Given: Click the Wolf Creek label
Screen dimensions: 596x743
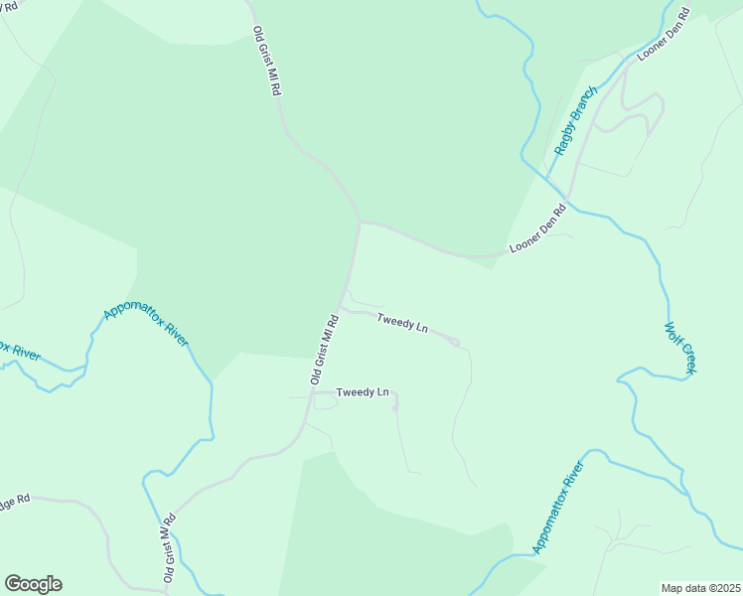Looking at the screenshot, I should click(680, 348).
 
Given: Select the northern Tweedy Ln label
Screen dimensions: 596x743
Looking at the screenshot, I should click(402, 323).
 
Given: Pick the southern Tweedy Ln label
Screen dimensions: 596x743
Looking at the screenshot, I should click(363, 392).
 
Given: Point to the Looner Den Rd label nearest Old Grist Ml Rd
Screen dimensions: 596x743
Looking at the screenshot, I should click(537, 227).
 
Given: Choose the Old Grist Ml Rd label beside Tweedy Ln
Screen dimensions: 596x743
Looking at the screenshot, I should click(325, 350).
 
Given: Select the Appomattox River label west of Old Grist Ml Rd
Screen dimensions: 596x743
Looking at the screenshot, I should click(146, 327).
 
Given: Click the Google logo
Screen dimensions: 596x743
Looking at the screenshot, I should click(33, 584).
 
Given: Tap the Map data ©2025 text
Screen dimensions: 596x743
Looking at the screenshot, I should click(700, 588).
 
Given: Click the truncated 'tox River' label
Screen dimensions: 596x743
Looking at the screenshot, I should click(19, 352).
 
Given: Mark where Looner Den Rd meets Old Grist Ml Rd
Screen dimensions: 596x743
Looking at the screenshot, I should click(360, 223).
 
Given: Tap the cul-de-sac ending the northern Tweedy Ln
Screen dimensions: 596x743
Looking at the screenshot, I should click(455, 343).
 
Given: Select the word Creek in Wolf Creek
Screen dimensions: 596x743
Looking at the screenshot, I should click(686, 359).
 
